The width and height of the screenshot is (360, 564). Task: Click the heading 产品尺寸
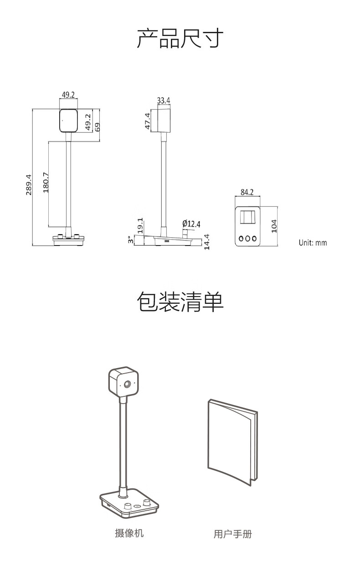coord(180,38)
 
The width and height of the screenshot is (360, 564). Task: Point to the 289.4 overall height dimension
coord(28,184)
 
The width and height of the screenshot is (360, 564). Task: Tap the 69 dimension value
coord(97,126)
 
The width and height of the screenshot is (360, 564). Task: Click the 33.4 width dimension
coord(164,100)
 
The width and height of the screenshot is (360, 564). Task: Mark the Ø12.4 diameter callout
coord(191,223)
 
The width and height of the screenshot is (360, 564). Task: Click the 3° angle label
coord(130,240)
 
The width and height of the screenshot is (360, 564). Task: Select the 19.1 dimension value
coord(140,226)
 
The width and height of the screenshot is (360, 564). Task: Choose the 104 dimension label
coord(274,226)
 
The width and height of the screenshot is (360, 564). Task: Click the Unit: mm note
coord(313,243)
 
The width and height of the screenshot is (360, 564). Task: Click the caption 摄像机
coord(129,533)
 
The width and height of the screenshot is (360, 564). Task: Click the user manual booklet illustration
coord(232,442)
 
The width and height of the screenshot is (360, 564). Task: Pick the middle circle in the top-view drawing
coord(248,238)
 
